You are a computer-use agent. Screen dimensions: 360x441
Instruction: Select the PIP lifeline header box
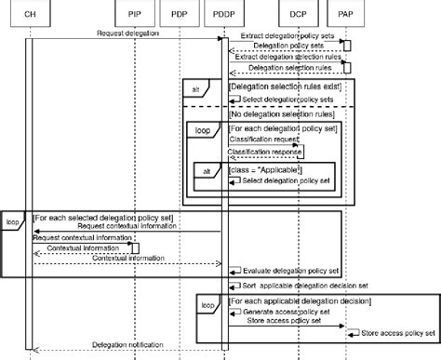135,15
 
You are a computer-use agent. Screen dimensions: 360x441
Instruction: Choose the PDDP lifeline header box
223,15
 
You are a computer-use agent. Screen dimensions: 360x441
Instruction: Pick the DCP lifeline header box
298,15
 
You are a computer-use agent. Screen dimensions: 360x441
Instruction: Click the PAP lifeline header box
345,15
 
